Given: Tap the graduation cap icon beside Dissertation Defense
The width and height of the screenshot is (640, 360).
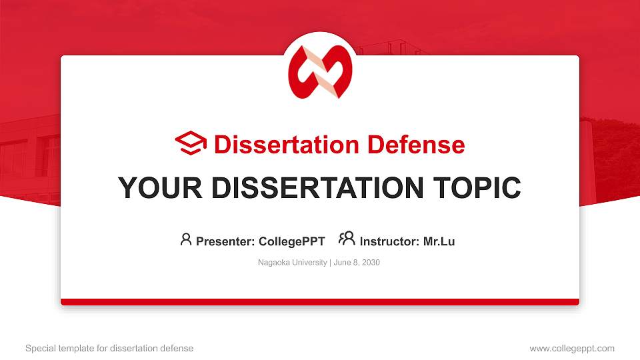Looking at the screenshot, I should pos(191,144).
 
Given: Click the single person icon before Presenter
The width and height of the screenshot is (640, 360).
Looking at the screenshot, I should pos(186,239).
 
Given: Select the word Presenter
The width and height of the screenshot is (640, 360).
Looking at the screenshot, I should pos(222,241).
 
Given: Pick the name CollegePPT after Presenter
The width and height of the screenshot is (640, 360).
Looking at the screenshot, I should pos(291,241).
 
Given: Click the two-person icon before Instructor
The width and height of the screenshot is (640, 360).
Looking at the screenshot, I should pos(347,239).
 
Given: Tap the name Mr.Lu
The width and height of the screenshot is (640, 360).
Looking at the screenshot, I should pos(439,241).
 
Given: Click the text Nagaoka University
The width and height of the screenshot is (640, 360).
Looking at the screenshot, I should pos(291,263).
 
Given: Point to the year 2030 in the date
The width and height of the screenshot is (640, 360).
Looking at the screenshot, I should pos(370,263).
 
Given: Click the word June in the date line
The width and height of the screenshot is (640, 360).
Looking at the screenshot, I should pos(341,263).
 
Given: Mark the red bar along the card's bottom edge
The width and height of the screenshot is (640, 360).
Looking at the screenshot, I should pos(320,302).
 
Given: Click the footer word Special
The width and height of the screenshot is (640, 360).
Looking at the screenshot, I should pos(39,349).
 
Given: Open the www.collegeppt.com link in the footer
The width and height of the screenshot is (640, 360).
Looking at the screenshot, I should pos(572,349).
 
